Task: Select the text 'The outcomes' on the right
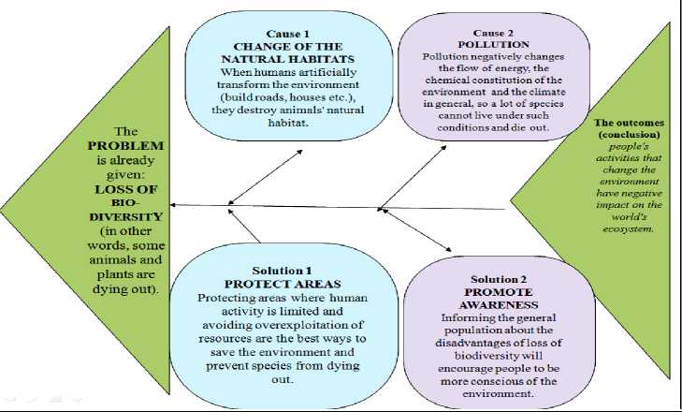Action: [628, 123]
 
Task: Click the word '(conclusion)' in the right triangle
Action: [628, 135]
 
